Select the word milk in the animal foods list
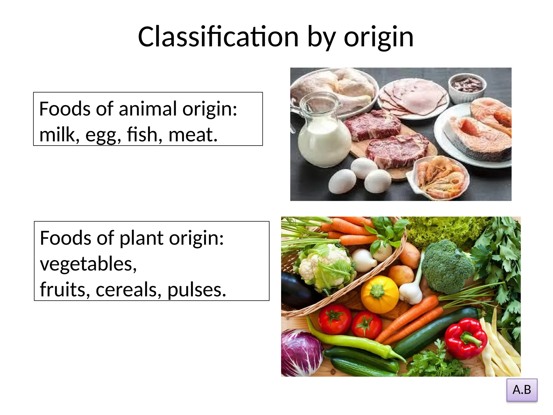point(57,134)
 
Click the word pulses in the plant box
point(197,290)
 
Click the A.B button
point(522,390)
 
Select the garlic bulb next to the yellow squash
point(410,293)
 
